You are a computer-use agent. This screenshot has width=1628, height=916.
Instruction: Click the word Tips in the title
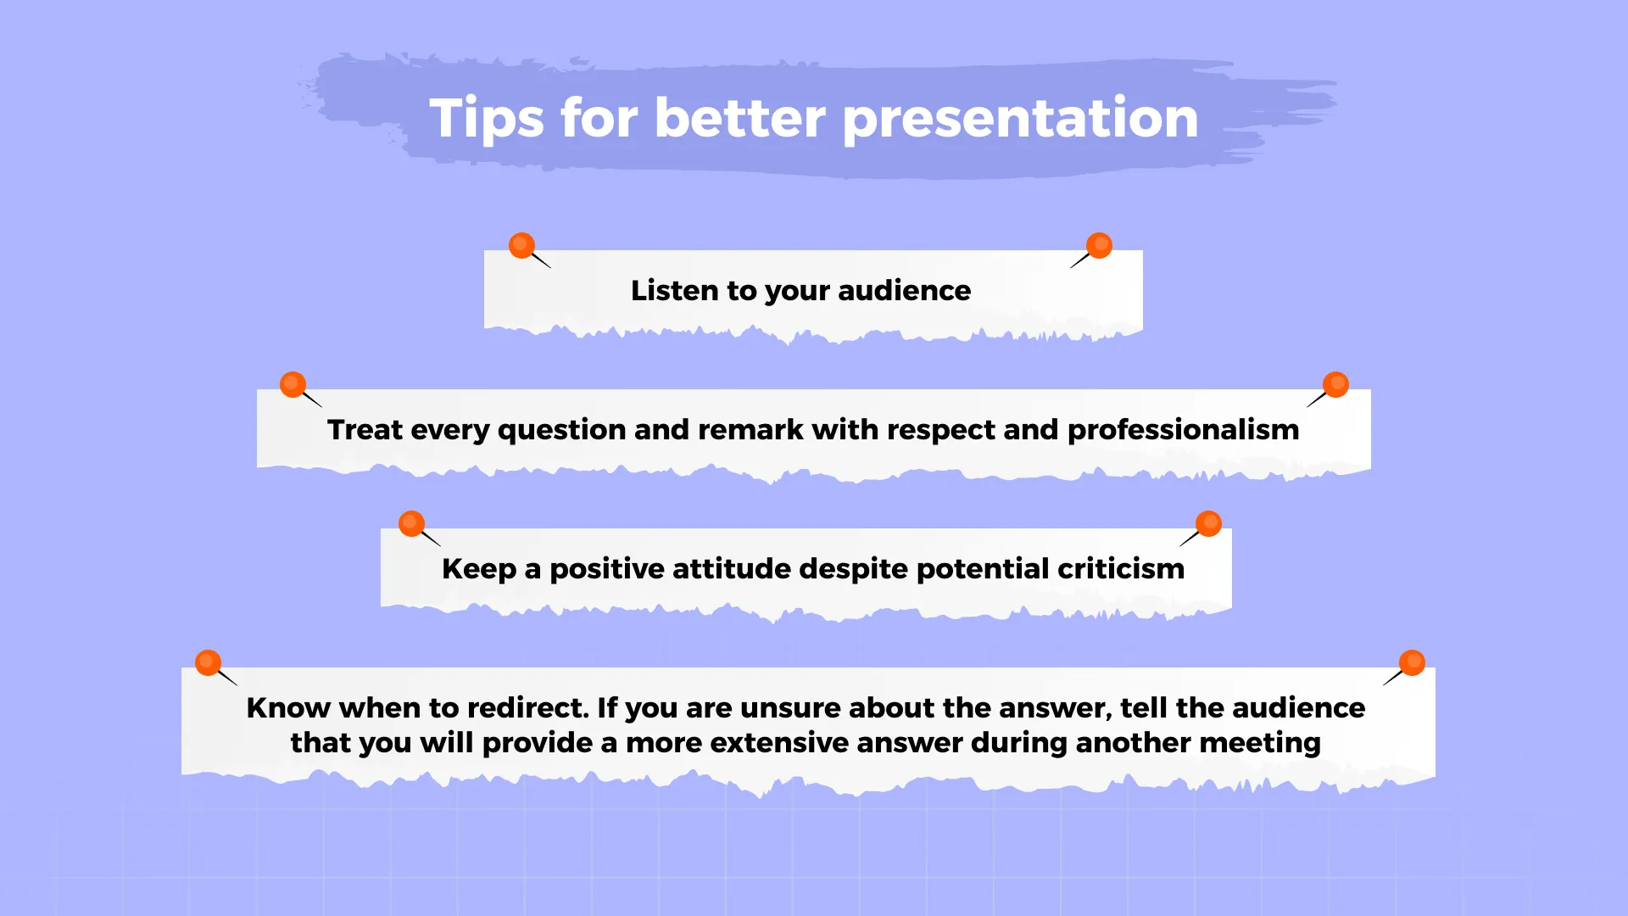[487, 119]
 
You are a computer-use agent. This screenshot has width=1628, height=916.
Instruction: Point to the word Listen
[675, 290]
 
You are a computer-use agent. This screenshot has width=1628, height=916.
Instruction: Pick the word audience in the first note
[904, 290]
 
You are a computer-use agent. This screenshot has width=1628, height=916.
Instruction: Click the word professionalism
[1183, 430]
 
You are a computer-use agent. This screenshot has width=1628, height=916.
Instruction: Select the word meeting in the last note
[1260, 744]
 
